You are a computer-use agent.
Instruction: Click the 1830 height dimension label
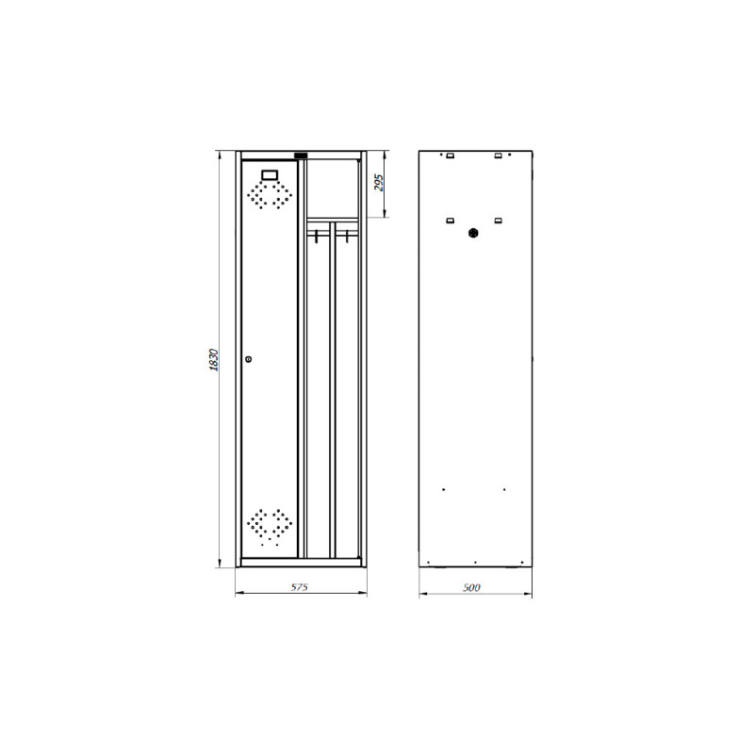coord(214,360)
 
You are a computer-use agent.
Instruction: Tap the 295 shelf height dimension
coord(379,183)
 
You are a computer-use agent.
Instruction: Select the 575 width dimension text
coord(299,587)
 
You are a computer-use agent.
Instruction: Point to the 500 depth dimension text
coord(472,587)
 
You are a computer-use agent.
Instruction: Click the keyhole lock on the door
coord(249,359)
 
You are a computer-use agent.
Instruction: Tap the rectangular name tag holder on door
coord(270,174)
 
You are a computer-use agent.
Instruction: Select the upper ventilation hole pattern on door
coord(270,195)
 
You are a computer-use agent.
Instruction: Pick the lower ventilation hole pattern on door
coord(270,527)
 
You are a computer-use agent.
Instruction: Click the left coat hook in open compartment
coord(317,236)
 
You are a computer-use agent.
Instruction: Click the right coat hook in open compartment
coord(346,236)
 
